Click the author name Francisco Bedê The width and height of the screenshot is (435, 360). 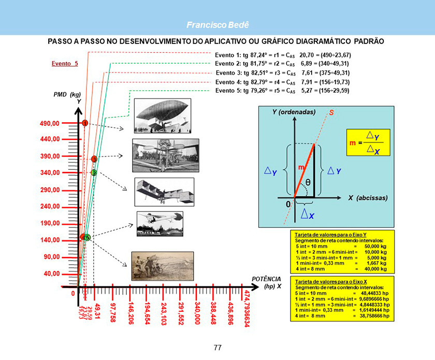[218, 25]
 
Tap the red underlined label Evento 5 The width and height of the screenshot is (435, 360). [65, 64]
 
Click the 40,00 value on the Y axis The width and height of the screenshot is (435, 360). [51, 273]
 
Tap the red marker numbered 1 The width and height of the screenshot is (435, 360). [84, 123]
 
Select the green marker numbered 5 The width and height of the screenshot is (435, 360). [88, 237]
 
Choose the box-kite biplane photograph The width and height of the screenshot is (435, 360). [164, 191]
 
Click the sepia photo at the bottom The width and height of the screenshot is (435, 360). [163, 266]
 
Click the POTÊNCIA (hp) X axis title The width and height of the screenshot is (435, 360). [267, 282]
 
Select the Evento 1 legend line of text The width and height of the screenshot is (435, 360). [283, 54]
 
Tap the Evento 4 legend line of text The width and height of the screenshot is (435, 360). [283, 81]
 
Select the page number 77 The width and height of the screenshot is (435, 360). [218, 347]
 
